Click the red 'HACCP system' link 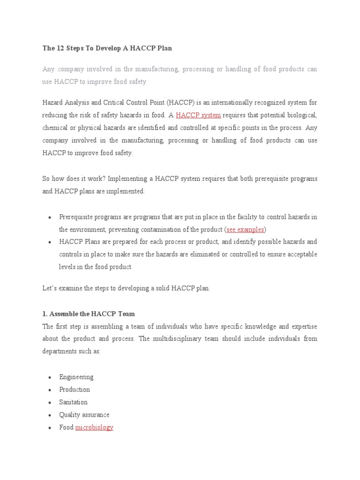click(x=198, y=115)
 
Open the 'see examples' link click(x=245, y=229)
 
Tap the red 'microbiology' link click(x=94, y=427)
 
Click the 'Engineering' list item click(x=76, y=377)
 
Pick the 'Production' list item click(x=75, y=390)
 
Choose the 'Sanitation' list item click(x=73, y=402)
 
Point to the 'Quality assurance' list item click(x=84, y=415)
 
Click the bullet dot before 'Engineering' click(x=50, y=377)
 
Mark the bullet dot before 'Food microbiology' click(x=50, y=428)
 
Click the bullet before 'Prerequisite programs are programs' click(x=50, y=217)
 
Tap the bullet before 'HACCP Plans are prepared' click(x=50, y=242)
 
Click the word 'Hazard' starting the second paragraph click(x=52, y=103)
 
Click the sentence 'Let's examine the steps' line click(x=126, y=288)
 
